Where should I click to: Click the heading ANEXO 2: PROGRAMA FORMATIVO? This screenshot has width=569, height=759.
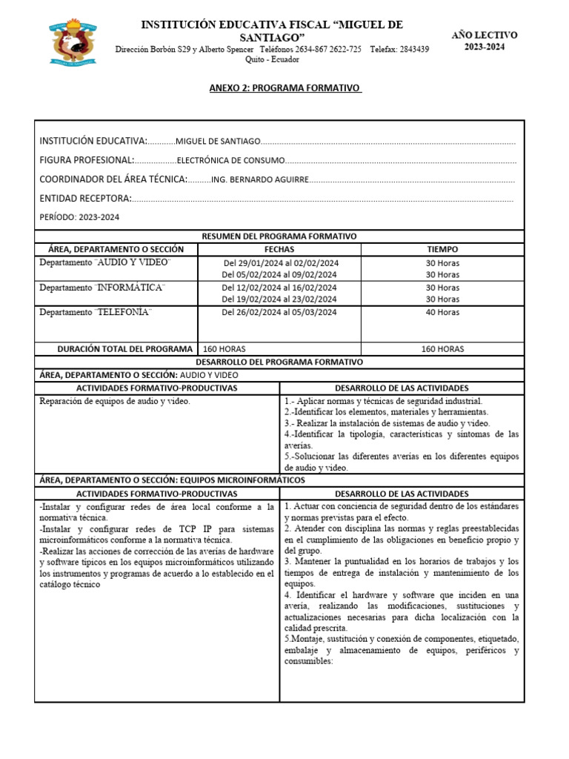point(284,88)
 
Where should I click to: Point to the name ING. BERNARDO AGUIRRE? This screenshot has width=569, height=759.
point(258,180)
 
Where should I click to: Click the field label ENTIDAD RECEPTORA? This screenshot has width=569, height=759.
point(85,199)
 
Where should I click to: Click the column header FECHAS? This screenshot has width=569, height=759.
point(279,250)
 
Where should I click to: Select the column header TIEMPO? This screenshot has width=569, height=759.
point(442,250)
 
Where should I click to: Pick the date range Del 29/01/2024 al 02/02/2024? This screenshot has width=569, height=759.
point(280,263)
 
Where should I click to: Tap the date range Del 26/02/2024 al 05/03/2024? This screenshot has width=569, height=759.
point(279,312)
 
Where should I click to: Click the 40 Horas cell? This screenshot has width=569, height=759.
point(442,312)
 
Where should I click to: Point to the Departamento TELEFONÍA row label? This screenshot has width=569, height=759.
point(96,312)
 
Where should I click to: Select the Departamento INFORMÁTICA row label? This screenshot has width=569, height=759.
point(102,288)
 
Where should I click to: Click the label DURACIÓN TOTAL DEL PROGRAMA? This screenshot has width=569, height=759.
point(125,349)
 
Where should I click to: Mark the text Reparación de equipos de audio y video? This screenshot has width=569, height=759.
point(115,401)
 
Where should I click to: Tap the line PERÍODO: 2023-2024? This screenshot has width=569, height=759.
point(79,217)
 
